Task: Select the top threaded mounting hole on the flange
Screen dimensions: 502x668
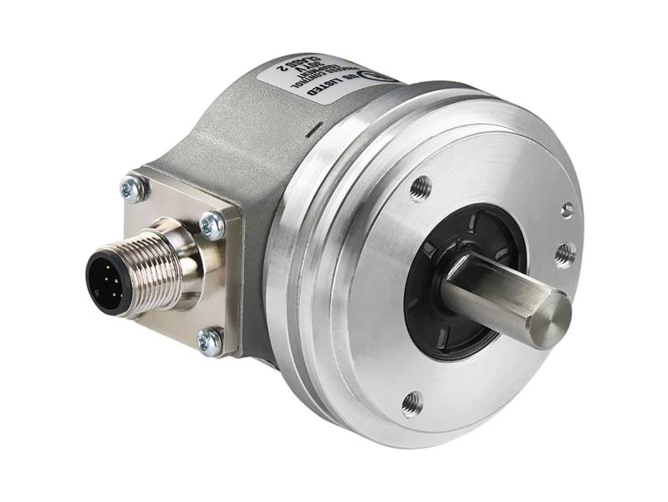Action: point(421,189)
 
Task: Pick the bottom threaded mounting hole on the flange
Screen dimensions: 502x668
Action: point(410,404)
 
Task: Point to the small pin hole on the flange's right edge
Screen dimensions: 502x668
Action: point(568,209)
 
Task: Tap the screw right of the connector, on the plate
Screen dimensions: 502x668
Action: point(212,224)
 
